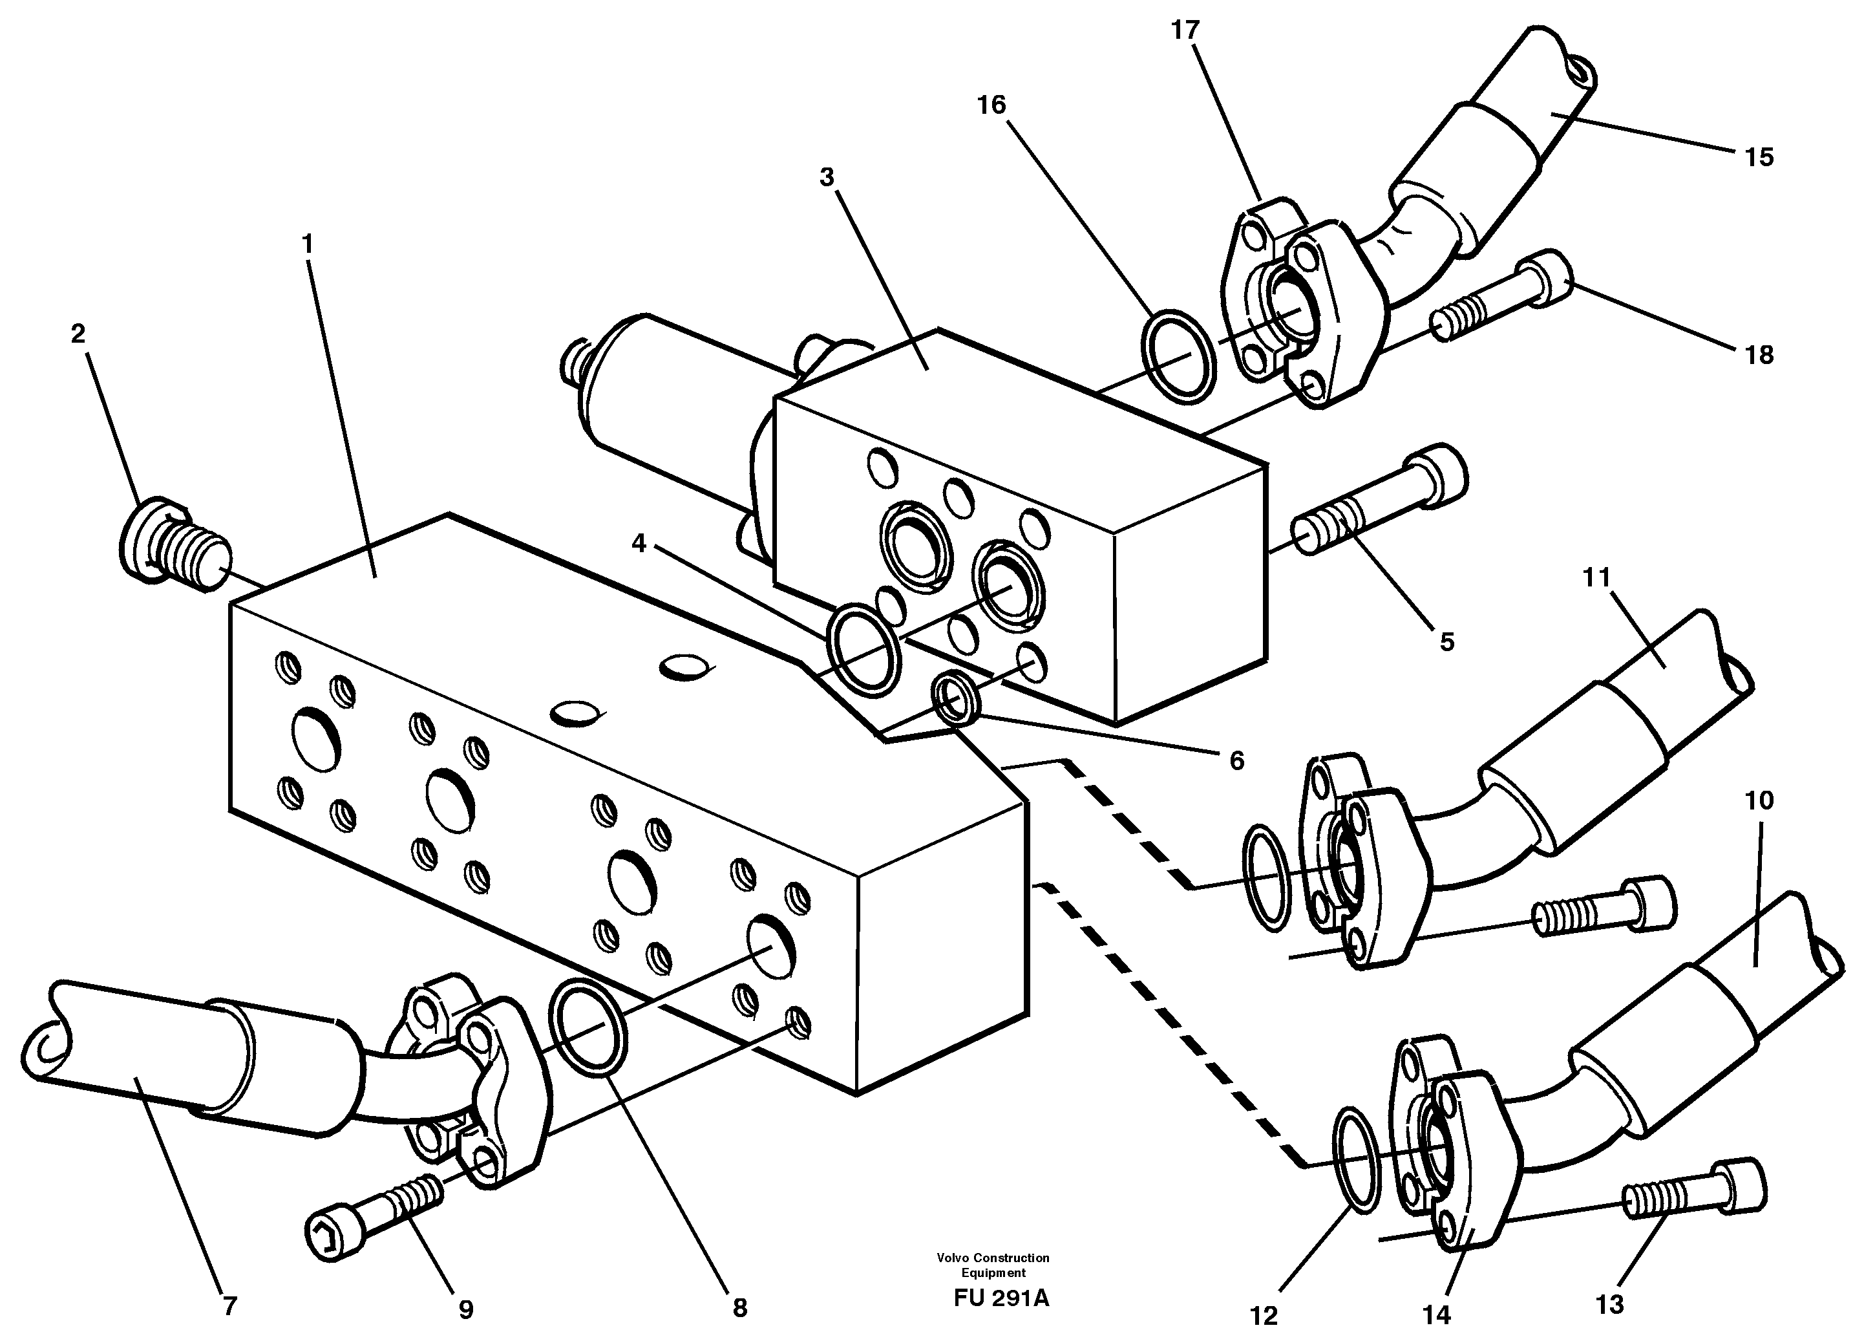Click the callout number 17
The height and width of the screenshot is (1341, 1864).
(1185, 30)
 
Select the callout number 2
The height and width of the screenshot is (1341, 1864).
(78, 333)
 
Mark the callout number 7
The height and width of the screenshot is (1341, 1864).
(229, 1307)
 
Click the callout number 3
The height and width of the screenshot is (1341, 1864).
(827, 177)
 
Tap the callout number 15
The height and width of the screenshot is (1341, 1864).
(1759, 157)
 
